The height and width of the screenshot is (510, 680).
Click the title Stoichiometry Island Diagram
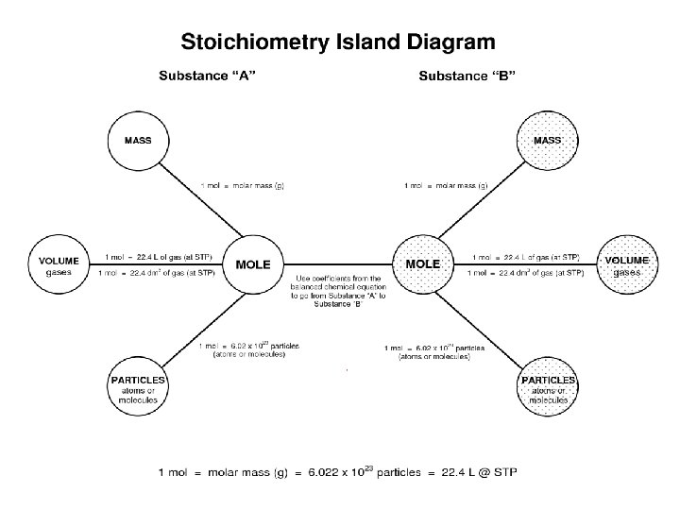click(337, 42)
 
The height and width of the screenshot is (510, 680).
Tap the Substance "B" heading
click(467, 76)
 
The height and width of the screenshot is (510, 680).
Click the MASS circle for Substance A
click(138, 141)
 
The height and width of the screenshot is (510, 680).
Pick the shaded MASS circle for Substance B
click(547, 141)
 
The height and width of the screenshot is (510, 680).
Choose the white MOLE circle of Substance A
click(252, 265)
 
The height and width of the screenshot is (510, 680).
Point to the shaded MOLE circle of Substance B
click(422, 265)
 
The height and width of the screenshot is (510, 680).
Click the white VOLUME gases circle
click(59, 265)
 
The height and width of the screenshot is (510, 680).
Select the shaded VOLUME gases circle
click(626, 265)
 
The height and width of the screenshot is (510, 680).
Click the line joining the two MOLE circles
click(337, 262)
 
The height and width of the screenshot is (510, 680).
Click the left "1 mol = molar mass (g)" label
click(242, 186)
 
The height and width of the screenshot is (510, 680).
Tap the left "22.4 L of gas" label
click(159, 257)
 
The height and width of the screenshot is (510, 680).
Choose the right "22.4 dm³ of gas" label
click(526, 273)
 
